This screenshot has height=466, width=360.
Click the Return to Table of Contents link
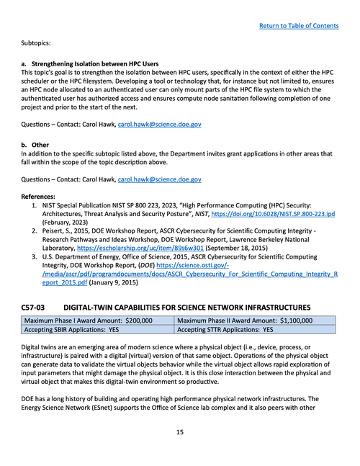[299, 26]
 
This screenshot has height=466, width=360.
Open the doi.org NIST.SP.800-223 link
[282, 215]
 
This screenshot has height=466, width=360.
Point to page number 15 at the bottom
[180, 432]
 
